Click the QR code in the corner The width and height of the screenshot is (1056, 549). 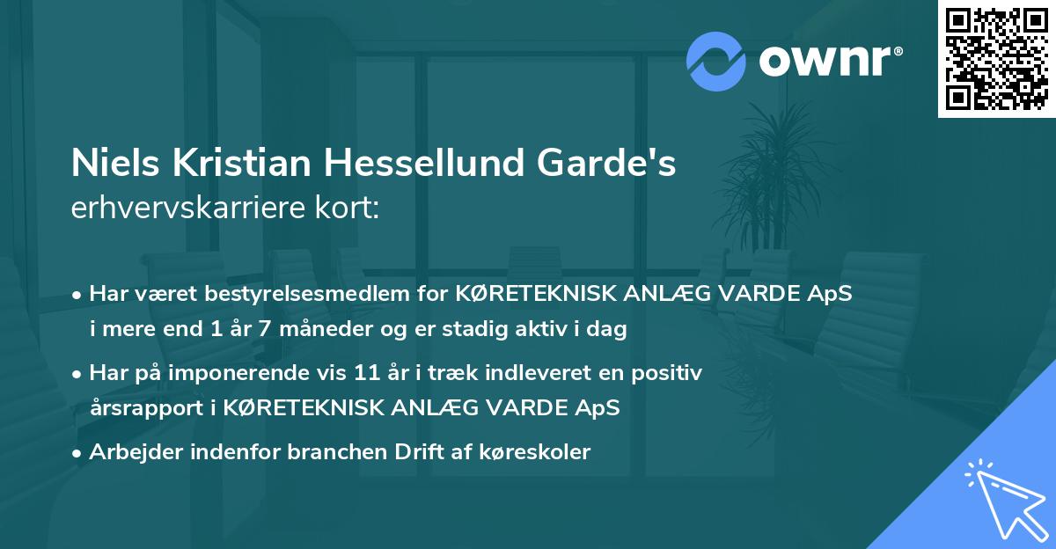(x=997, y=59)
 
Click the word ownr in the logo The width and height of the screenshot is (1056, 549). (x=831, y=60)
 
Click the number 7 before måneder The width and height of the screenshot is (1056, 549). (x=238, y=330)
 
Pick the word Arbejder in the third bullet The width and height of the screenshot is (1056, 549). (x=129, y=452)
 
